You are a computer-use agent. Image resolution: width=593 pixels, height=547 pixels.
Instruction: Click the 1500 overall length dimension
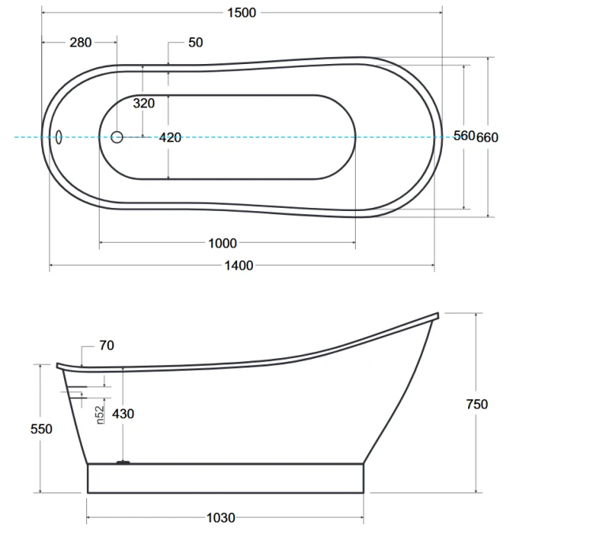[242, 13]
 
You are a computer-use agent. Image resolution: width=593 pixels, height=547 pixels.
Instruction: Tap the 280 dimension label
[81, 43]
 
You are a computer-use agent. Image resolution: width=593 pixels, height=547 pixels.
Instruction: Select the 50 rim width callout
[195, 43]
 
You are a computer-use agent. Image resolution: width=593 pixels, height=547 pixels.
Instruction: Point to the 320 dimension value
[144, 103]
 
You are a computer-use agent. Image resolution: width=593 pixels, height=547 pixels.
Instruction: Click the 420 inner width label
[170, 138]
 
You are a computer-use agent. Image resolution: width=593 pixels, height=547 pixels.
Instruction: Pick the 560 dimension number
[464, 135]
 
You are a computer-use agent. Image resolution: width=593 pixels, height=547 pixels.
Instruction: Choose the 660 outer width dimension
[487, 138]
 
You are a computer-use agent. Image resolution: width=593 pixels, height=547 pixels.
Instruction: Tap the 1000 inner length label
[222, 243]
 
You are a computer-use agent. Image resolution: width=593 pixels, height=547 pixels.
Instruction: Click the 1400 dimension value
[239, 266]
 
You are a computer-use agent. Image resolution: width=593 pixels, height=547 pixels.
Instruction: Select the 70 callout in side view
[107, 345]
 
